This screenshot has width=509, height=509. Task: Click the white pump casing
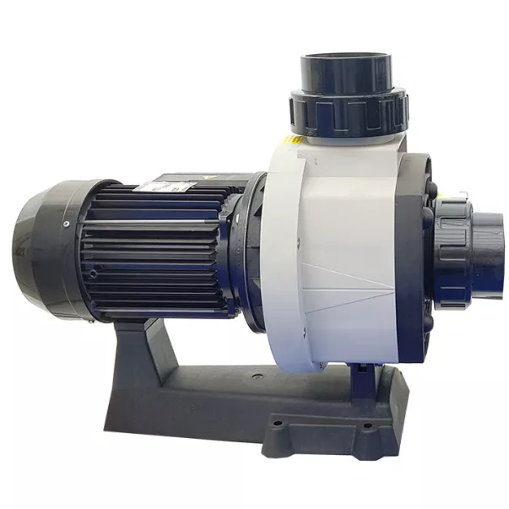pos(338,253)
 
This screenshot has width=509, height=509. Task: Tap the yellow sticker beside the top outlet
pos(293,138)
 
